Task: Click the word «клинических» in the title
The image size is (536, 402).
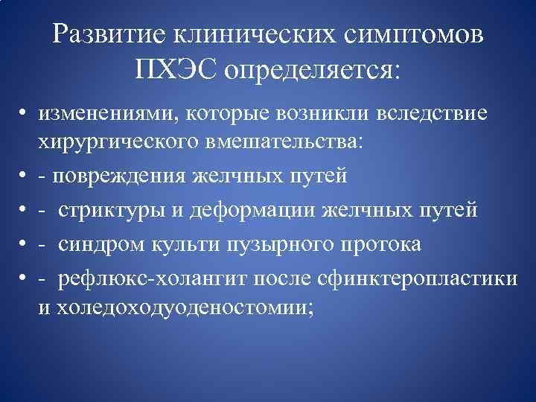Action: (x=255, y=33)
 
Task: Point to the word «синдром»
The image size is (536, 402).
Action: (x=96, y=244)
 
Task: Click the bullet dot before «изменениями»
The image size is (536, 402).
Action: (x=25, y=113)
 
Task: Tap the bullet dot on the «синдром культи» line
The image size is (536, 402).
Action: (x=25, y=245)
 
